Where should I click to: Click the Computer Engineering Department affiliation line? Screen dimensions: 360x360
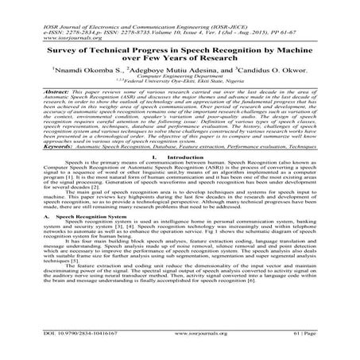pos(180,77)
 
